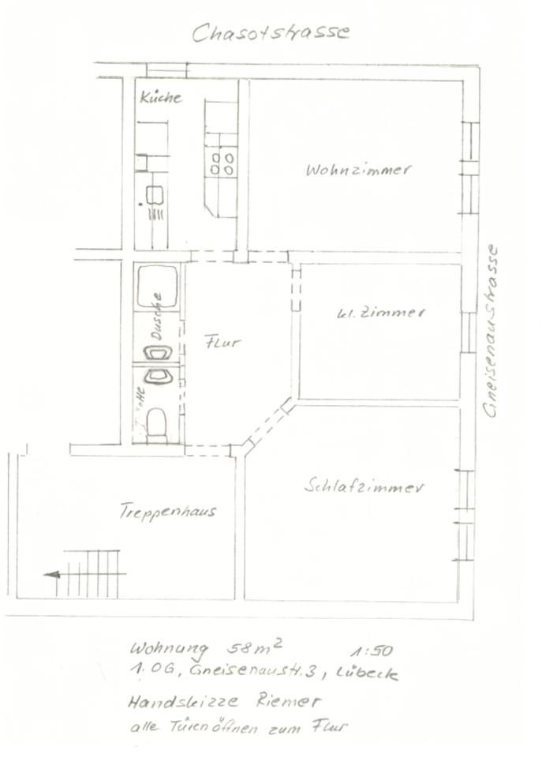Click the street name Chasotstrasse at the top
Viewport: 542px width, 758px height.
(270, 32)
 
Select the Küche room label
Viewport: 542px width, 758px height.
(160, 98)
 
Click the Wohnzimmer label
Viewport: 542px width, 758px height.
(359, 170)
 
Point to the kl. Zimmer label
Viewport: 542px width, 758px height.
(380, 313)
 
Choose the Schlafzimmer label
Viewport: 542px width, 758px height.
(364, 486)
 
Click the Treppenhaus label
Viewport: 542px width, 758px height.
(168, 511)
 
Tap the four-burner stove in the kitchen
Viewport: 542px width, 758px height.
(222, 163)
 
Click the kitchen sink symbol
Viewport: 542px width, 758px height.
(155, 193)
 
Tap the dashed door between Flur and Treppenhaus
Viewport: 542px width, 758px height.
(207, 451)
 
